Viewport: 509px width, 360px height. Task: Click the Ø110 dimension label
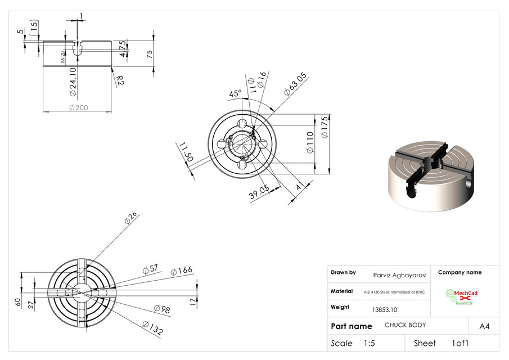(x=309, y=143)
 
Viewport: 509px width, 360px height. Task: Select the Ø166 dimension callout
(x=181, y=271)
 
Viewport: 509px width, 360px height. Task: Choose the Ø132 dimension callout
(x=153, y=328)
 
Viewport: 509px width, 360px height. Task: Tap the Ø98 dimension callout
(x=162, y=309)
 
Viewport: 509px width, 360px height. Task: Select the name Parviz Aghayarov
(x=399, y=275)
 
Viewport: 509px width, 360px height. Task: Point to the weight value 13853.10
(x=385, y=309)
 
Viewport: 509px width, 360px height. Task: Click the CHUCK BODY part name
(x=405, y=325)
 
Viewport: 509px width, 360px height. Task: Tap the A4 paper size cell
(x=484, y=326)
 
